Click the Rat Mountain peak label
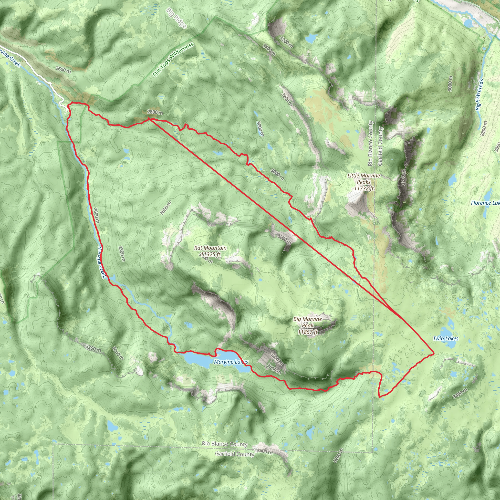pyautogui.click(x=210, y=248)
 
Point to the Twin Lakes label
pyautogui.click(x=446, y=339)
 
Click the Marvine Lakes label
pyautogui.click(x=231, y=362)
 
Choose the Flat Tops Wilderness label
pyautogui.click(x=173, y=60)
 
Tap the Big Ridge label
pyautogui.click(x=177, y=18)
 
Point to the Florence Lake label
pyautogui.click(x=485, y=203)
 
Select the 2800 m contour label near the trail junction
pyautogui.click(x=155, y=112)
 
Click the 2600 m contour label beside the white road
pyautogui.click(x=63, y=70)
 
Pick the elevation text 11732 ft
pyautogui.click(x=364, y=188)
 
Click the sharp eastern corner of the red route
pyautogui.click(x=434, y=353)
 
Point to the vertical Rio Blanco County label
pyautogui.click(x=370, y=143)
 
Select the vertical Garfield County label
pyautogui.click(x=380, y=146)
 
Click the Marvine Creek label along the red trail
pyautogui.click(x=102, y=262)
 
